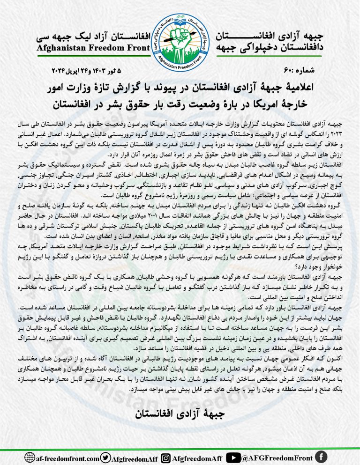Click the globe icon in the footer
pyautogui.click(x=30, y=457)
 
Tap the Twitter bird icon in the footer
pyautogui.click(x=106, y=457)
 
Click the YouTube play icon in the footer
pyautogui.click(x=233, y=457)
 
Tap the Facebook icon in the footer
pyautogui.click(x=321, y=457)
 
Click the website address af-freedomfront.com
pyautogui.click(x=67, y=458)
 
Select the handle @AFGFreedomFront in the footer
pyautogui.click(x=277, y=458)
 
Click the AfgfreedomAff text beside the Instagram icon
pyautogui.click(x=196, y=458)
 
